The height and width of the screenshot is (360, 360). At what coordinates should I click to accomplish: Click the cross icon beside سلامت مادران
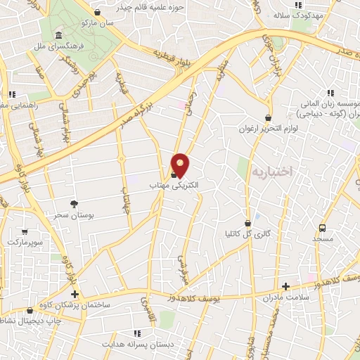tap(285, 286)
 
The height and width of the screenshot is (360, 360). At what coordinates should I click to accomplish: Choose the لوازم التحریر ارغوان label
tap(267, 129)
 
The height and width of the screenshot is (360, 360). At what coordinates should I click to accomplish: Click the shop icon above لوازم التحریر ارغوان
tap(267, 117)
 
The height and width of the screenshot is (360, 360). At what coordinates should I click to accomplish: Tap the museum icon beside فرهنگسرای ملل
tap(57, 35)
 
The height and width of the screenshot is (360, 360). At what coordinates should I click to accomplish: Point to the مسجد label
tap(323, 239)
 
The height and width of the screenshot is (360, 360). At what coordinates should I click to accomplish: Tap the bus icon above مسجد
tap(323, 228)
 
